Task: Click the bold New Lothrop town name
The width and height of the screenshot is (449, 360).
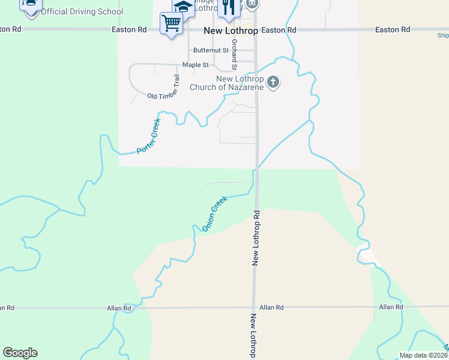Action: click(x=231, y=31)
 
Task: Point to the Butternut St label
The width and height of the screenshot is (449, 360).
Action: click(x=210, y=51)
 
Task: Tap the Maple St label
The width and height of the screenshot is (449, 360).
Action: click(x=195, y=65)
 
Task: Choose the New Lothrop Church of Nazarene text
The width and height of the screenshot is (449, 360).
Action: click(x=227, y=83)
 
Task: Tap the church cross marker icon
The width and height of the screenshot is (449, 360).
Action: click(x=273, y=82)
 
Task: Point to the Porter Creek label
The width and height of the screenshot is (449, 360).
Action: click(x=148, y=136)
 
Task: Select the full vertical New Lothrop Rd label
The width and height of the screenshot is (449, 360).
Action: click(x=256, y=238)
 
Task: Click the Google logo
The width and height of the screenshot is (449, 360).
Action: click(x=20, y=353)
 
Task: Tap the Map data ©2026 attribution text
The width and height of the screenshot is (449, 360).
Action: click(x=423, y=355)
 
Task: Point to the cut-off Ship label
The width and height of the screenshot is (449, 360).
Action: click(x=442, y=35)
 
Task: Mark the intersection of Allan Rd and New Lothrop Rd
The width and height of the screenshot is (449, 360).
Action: click(x=255, y=307)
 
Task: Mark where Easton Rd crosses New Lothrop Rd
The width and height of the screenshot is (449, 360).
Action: click(x=257, y=29)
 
